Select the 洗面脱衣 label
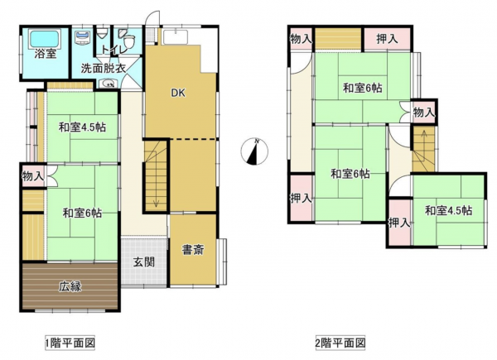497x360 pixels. tap(103, 68)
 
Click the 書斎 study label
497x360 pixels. tap(194, 249)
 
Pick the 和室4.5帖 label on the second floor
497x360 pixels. tap(448, 210)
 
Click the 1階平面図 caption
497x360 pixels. tap(70, 342)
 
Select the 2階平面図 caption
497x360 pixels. tap(340, 342)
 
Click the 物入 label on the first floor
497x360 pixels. tap(32, 176)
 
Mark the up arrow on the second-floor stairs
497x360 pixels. tap(423, 137)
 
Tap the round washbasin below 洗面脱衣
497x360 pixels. tap(109, 83)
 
